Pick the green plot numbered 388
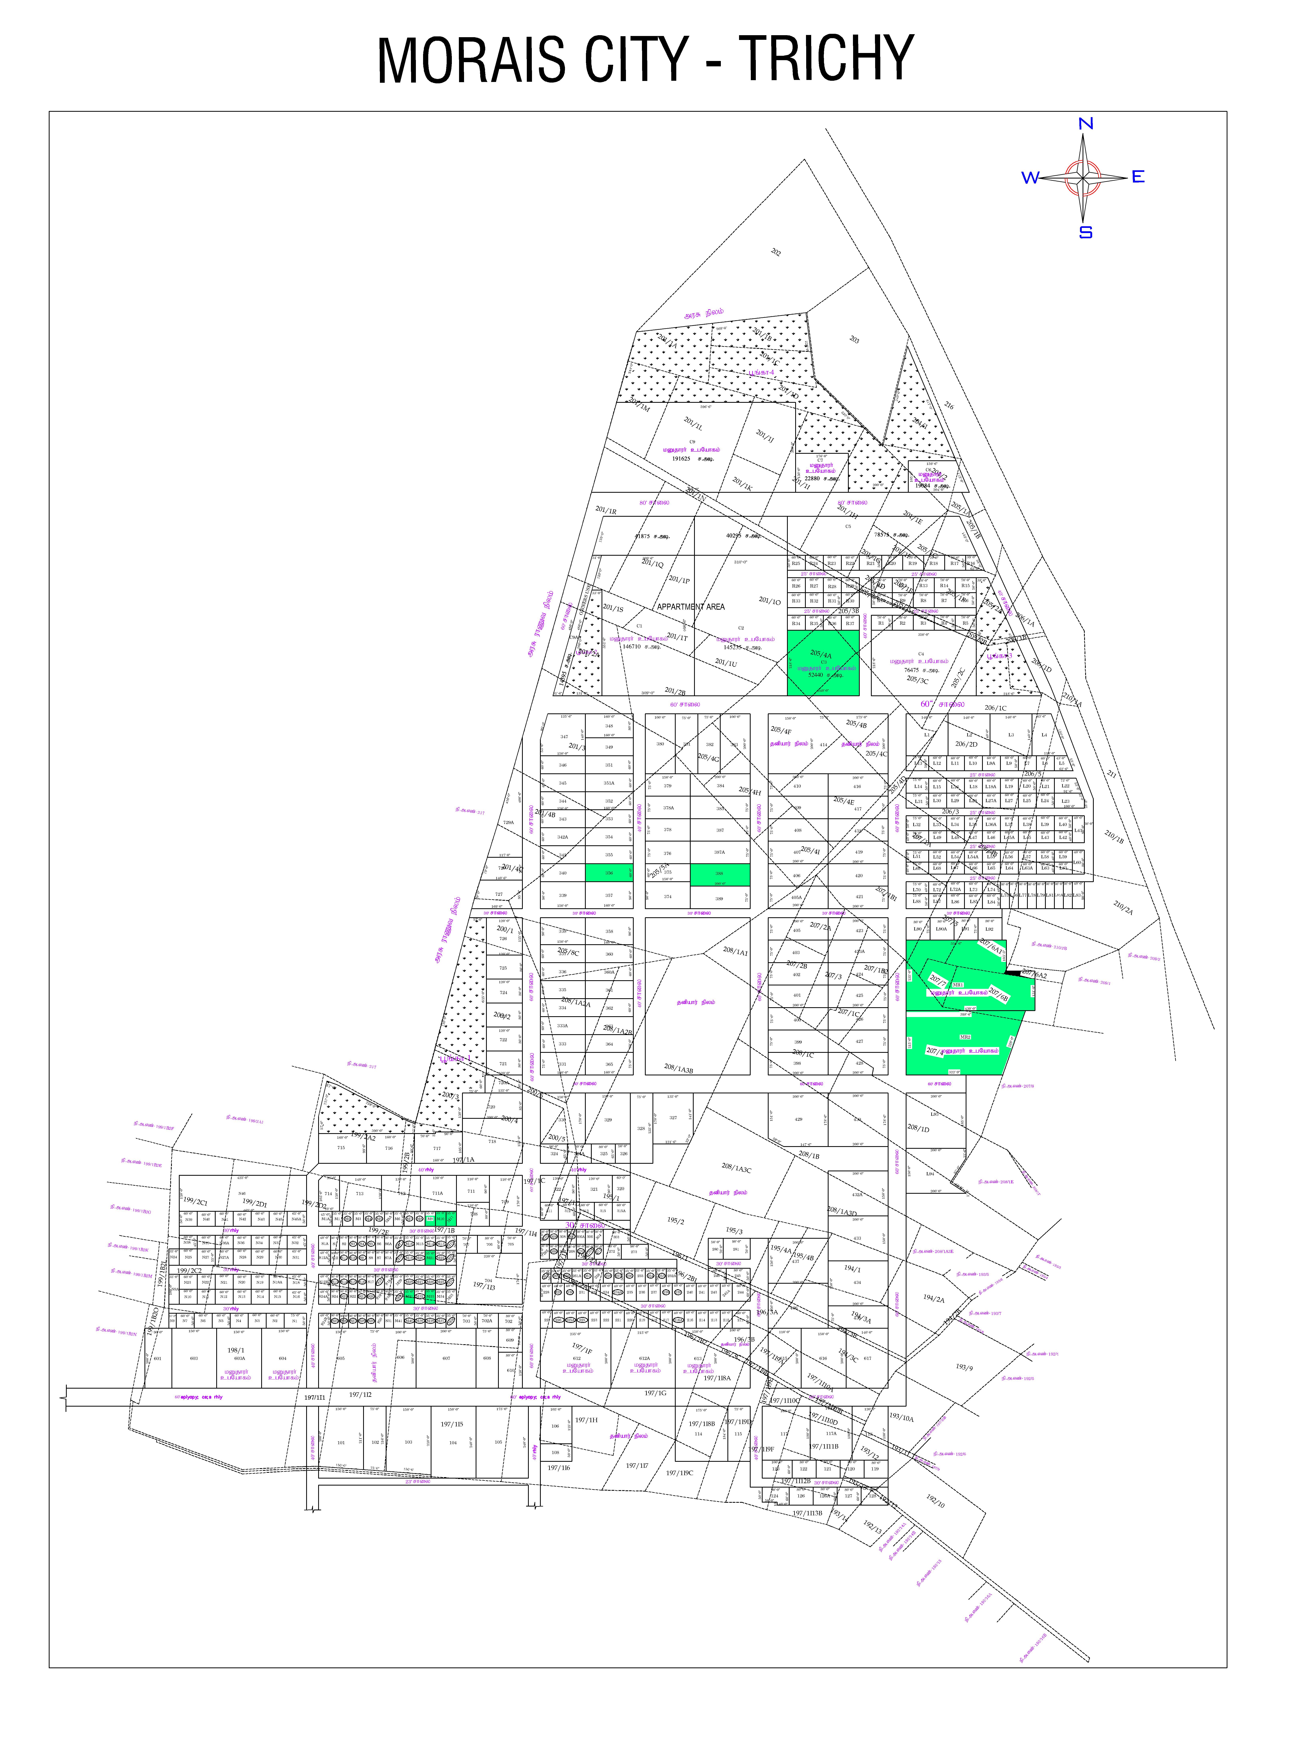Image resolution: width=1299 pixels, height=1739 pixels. pyautogui.click(x=719, y=873)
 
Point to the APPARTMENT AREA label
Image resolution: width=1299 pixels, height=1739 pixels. pyautogui.click(x=691, y=607)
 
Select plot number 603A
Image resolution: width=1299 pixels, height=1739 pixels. pyautogui.click(x=240, y=1358)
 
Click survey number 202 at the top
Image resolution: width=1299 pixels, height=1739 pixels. pyautogui.click(x=776, y=252)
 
